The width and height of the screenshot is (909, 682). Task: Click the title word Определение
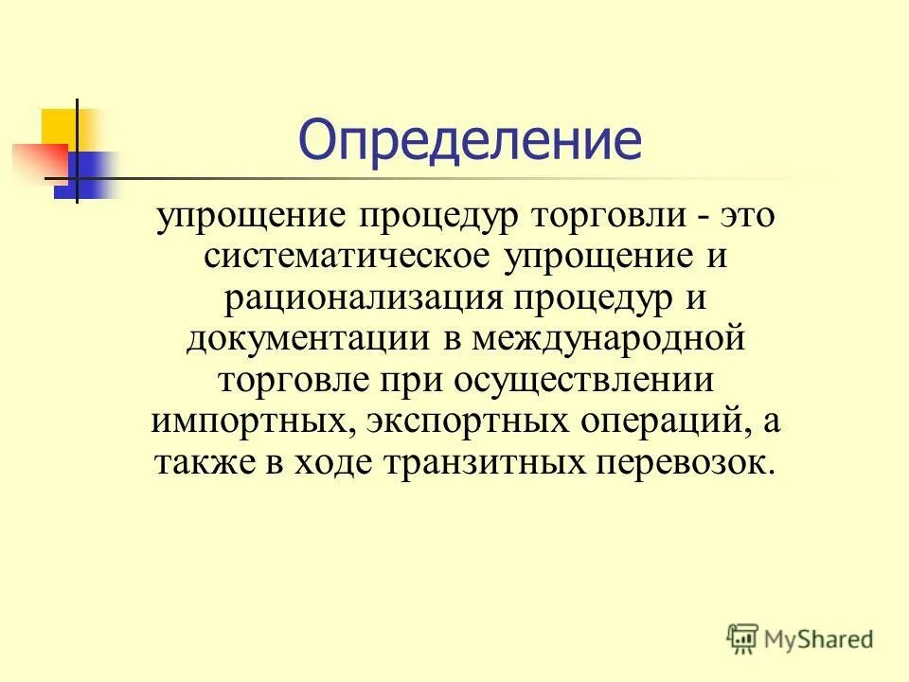(470, 141)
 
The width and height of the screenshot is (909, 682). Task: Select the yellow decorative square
(60, 127)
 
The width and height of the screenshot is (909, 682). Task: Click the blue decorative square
(90, 174)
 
